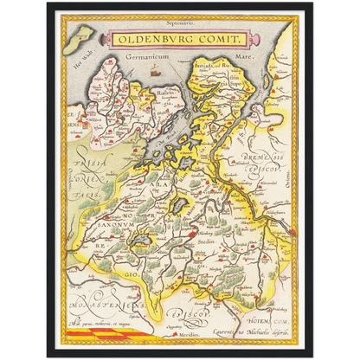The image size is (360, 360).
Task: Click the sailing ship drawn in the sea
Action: point(154,74)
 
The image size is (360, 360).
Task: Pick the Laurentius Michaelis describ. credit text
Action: point(251,331)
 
